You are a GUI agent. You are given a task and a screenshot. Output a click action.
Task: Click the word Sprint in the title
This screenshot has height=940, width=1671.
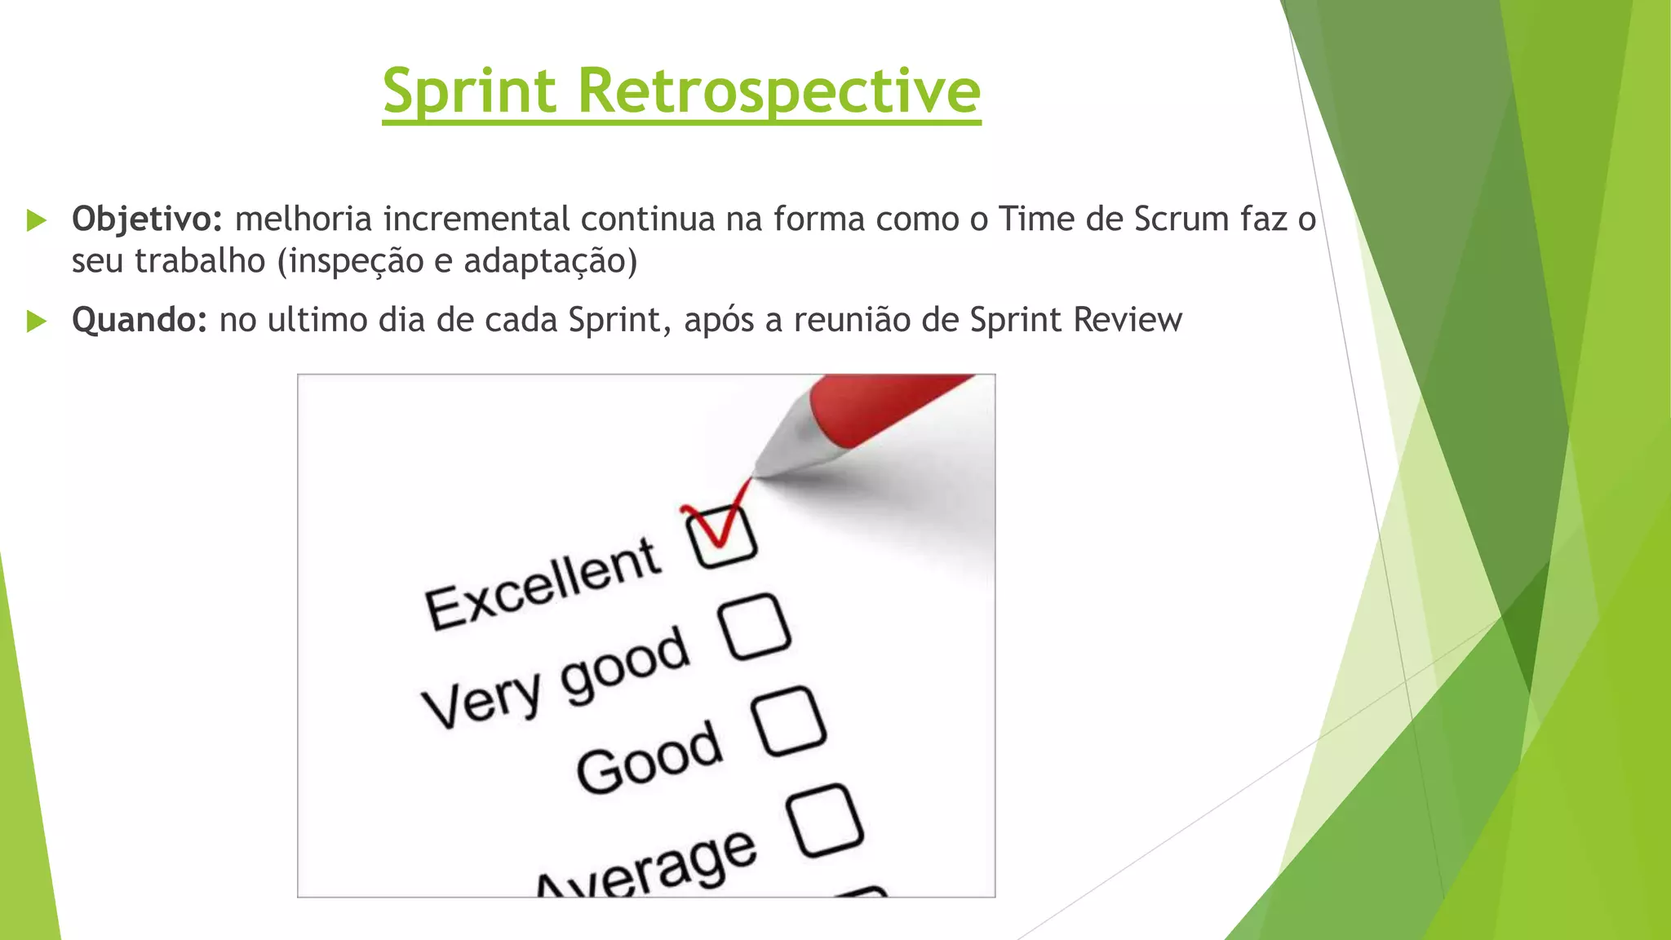[x=469, y=91]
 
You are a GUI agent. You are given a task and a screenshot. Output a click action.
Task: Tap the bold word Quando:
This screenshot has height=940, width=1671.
[x=140, y=320]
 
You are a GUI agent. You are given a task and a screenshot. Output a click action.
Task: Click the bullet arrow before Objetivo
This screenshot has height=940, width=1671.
[x=37, y=219]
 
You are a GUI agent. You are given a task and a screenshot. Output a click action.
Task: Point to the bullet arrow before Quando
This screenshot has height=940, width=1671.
[x=37, y=321]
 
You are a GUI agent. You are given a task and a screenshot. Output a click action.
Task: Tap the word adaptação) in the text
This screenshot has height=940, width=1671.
[x=550, y=262]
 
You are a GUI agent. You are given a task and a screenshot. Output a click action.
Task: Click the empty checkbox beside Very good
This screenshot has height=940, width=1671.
[x=756, y=627]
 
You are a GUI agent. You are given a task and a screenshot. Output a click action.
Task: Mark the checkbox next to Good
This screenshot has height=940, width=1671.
[x=789, y=721]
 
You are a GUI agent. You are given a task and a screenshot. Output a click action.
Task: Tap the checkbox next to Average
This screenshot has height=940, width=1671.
[x=825, y=820]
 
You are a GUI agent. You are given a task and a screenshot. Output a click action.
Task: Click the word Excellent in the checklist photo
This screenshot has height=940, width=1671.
[x=543, y=584]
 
